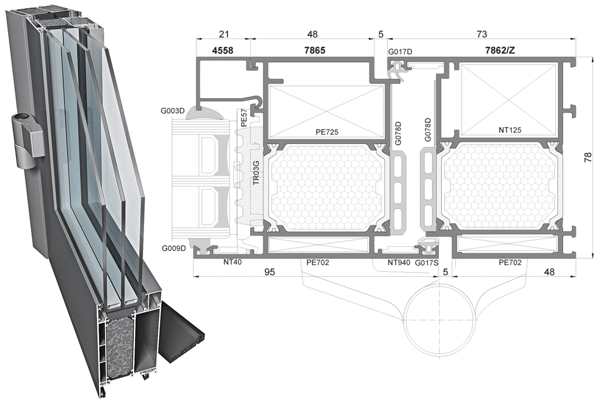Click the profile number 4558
(223, 50)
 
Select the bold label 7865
(315, 50)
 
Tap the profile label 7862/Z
(500, 50)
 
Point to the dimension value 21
(224, 34)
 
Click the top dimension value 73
(482, 34)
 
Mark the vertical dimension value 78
(588, 157)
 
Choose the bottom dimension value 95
(269, 272)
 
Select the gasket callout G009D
(174, 248)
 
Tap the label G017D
(400, 52)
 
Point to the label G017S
(427, 263)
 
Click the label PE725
(327, 132)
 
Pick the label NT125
(510, 130)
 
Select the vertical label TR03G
(256, 173)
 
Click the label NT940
(399, 262)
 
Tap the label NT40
(232, 262)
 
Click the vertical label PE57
(244, 118)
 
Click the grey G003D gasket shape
(204, 113)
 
